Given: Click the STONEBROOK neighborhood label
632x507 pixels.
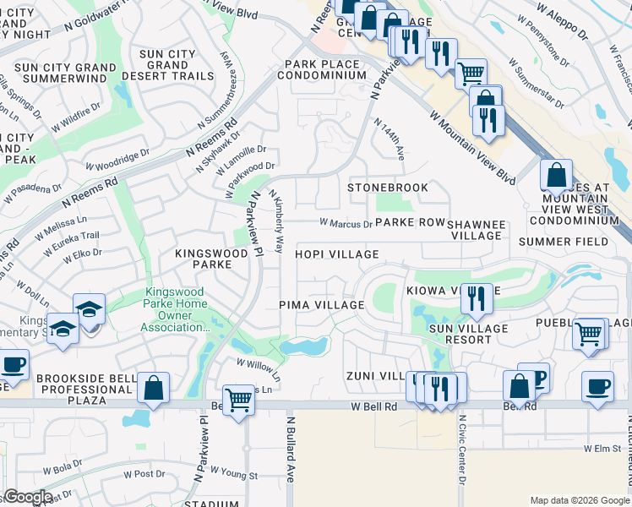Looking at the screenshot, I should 388,187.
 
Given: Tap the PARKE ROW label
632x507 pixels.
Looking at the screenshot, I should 410,222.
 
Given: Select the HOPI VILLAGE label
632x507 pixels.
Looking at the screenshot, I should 336,254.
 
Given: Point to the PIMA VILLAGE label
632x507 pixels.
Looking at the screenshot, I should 321,305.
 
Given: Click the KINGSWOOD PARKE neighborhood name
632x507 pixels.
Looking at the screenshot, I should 203,259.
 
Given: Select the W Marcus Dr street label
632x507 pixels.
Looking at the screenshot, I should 346,224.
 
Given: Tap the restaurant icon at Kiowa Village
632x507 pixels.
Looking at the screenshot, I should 477,297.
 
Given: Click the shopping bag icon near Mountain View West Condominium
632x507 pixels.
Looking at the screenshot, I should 556,175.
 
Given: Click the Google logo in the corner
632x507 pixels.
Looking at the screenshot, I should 28,497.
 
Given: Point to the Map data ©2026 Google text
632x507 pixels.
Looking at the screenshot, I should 580,499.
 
